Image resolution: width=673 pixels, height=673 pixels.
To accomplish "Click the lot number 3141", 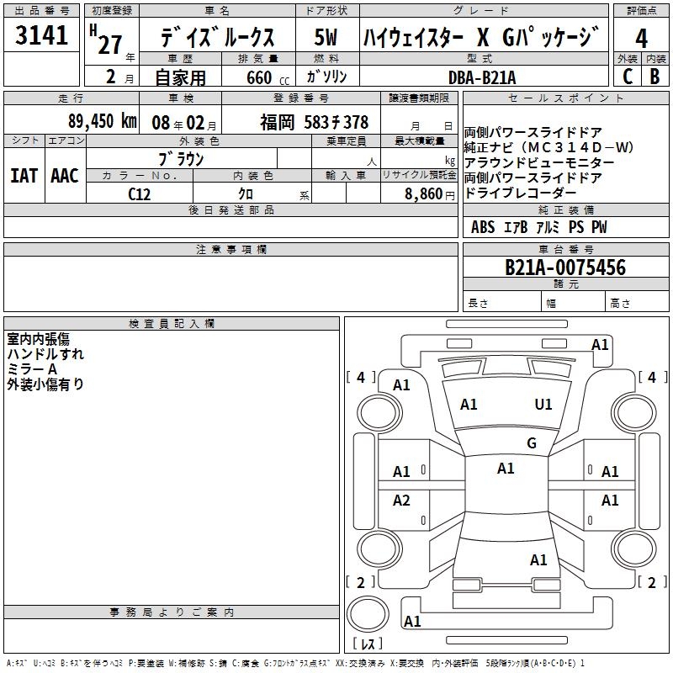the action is [x=41, y=35].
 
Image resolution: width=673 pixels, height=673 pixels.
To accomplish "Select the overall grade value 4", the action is [x=641, y=39].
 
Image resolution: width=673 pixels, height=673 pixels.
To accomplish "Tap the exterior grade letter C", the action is [x=628, y=77].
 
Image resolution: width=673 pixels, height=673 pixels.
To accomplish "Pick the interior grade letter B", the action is [x=655, y=77].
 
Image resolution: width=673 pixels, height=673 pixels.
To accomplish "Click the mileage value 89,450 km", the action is [x=103, y=121].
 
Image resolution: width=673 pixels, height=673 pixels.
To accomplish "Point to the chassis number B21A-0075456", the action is [x=565, y=268].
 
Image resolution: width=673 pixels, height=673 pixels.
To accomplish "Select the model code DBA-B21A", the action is [x=482, y=77].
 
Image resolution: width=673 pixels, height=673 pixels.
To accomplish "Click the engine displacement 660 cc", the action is [x=268, y=78].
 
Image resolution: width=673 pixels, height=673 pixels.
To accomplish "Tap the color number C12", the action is [x=139, y=194].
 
